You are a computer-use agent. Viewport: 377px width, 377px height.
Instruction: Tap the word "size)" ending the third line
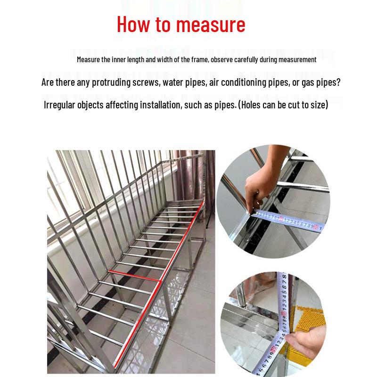[318, 105]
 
